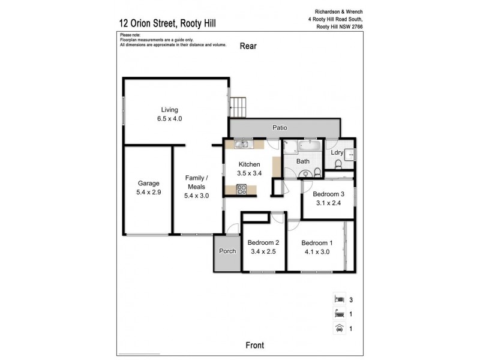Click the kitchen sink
[242, 144]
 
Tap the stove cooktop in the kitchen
[242, 189]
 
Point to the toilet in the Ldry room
[338, 164]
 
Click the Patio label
[280, 128]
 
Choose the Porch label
[227, 251]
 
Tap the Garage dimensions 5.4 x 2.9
[148, 193]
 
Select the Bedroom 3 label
[328, 194]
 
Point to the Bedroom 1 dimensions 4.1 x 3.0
[316, 251]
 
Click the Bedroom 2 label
[263, 243]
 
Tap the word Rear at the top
[248, 46]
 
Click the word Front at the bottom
[256, 345]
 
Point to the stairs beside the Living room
[237, 107]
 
